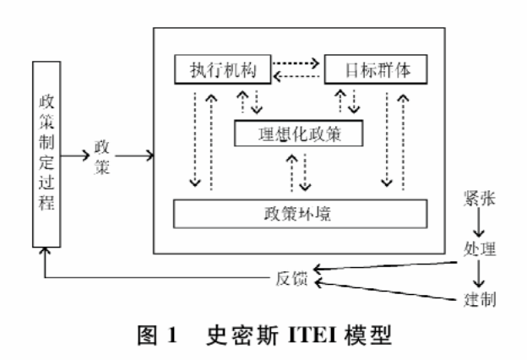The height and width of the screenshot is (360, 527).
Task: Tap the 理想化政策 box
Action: pos(299,133)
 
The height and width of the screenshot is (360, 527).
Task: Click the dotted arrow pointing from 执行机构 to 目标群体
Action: pos(298,61)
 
